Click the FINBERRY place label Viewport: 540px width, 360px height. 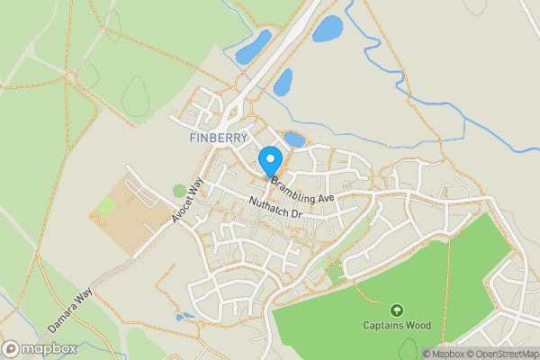pos(220,139)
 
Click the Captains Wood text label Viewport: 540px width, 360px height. pos(397,325)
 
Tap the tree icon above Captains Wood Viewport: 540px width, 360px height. pos(397,310)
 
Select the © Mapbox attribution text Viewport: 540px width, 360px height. pos(445,354)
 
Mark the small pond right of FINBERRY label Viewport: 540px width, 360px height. pos(294,139)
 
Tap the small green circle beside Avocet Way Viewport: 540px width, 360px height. pos(179,190)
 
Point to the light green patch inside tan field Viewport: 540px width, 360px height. pos(106,207)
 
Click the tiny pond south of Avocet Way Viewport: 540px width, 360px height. pos(184,317)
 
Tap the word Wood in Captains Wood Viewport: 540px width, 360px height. pos(417,325)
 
